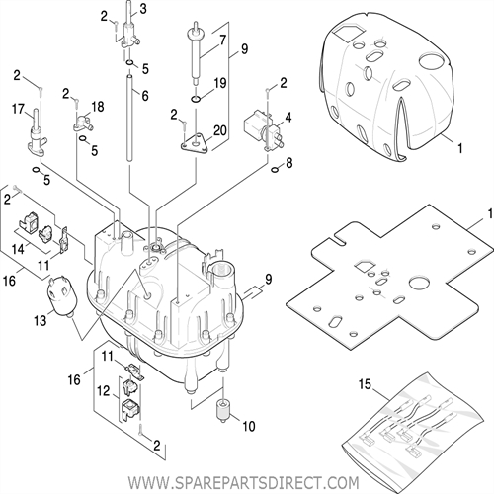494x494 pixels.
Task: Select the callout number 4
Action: point(288,117)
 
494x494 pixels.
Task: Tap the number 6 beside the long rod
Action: point(144,95)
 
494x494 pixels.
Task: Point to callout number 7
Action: point(222,41)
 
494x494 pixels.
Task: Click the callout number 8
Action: point(288,161)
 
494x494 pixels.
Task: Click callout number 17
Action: point(17,108)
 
